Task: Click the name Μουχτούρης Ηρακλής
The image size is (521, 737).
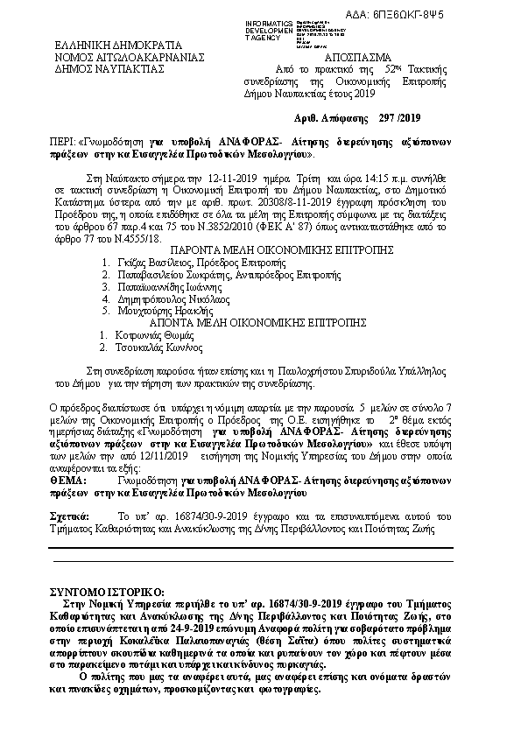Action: (x=158, y=311)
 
